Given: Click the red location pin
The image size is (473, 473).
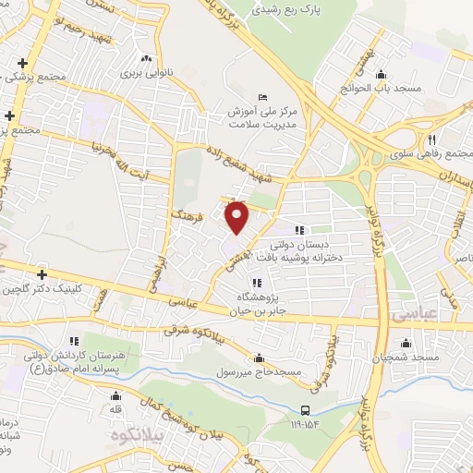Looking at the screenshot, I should [237, 216].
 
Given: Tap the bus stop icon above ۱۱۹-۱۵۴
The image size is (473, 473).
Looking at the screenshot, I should [305, 410].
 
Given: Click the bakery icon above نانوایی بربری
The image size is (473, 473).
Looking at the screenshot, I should [144, 57].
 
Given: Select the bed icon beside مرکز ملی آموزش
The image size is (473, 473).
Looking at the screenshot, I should [262, 98].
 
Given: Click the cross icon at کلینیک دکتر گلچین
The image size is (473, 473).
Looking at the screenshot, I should [42, 274].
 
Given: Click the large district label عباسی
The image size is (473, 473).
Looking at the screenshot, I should [424, 314].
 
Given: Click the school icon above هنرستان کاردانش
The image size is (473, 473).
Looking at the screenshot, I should [73, 341].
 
